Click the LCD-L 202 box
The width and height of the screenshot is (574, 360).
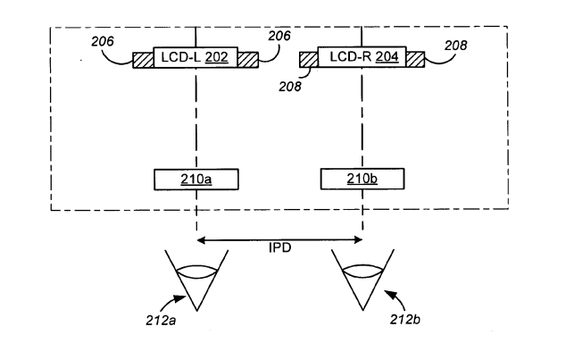click(x=195, y=57)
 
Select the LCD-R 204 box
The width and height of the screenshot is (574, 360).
click(x=362, y=57)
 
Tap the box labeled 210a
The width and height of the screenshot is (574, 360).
click(x=196, y=180)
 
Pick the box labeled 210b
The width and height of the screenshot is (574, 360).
click(x=362, y=179)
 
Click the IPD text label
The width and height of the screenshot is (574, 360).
click(x=280, y=248)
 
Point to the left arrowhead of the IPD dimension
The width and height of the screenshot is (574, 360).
click(x=201, y=240)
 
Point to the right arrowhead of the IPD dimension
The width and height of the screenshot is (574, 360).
click(x=358, y=240)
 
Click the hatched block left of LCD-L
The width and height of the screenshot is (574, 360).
click(x=143, y=61)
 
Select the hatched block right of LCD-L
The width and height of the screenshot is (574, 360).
click(x=248, y=60)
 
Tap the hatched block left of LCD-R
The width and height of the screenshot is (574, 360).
click(x=309, y=60)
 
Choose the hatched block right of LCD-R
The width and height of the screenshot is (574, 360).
click(x=415, y=59)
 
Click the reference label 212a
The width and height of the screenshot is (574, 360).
click(x=161, y=321)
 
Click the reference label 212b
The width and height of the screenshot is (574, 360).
click(x=405, y=320)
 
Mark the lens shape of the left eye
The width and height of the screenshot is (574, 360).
click(x=197, y=272)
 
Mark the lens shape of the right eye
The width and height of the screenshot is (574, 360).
click(x=362, y=271)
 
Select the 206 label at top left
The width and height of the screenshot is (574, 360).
click(x=103, y=41)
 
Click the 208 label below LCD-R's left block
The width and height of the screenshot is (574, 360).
click(x=290, y=87)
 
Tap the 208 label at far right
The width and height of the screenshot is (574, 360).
click(x=456, y=46)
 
